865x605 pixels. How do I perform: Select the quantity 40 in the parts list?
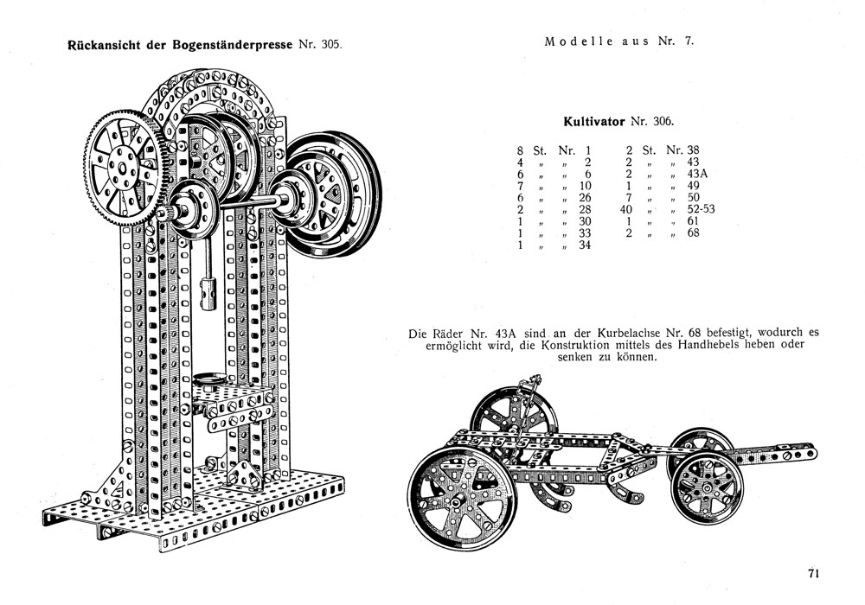(x=629, y=209)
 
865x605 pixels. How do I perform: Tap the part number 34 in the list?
(x=584, y=245)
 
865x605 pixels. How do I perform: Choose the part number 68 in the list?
(x=693, y=233)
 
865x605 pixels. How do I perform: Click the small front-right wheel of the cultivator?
(x=708, y=487)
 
